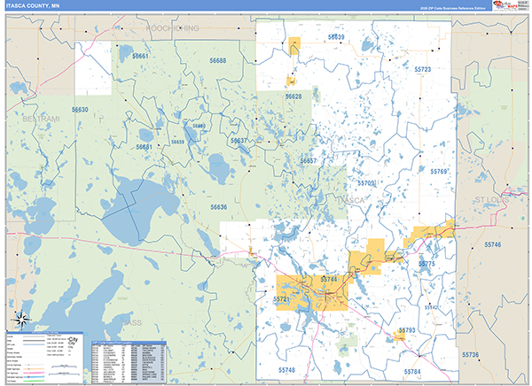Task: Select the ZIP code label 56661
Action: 141,57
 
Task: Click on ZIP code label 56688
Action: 217,60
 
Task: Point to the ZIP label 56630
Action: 80,110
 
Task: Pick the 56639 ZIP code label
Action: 336,37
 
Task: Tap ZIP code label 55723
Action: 423,68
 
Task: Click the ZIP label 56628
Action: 293,96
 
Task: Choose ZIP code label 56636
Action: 218,207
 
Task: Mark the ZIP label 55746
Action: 493,243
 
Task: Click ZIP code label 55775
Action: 426,264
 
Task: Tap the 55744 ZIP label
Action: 329,279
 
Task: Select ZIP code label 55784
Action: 411,371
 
